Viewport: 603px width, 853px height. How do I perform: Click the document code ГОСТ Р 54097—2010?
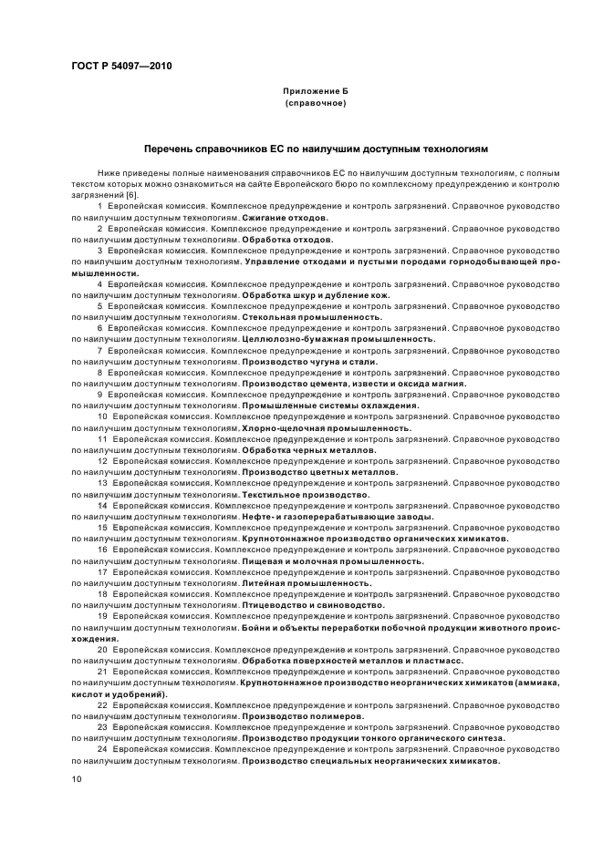pos(120,67)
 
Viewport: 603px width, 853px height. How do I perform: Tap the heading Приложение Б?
pos(315,92)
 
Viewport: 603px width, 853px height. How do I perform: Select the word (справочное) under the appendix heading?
pos(315,104)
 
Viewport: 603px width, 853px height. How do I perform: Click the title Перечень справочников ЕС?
pos(317,147)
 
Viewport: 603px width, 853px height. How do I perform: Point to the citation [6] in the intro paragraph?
pos(131,196)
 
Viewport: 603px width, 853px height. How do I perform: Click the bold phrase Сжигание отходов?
pos(286,219)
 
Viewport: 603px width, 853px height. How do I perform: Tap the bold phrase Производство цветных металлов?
pos(319,471)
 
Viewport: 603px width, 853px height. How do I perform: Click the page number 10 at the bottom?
pos(77,779)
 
